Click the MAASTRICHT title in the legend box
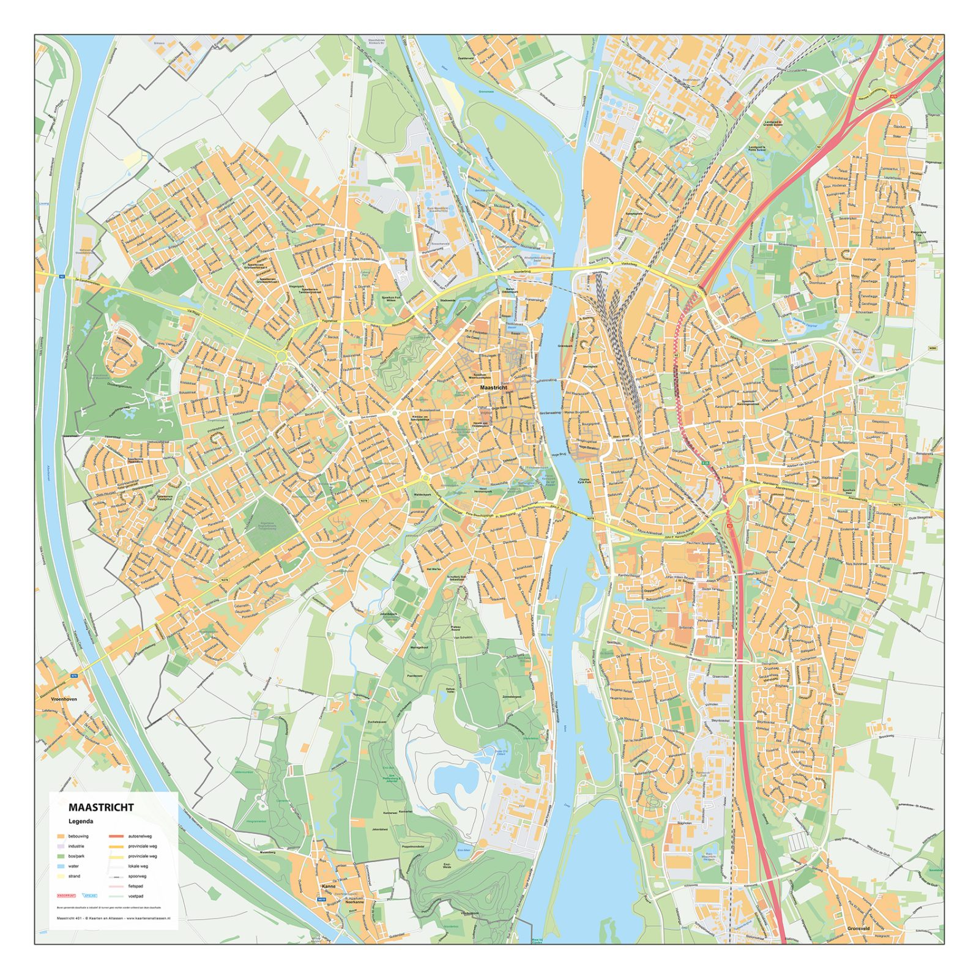coord(100,807)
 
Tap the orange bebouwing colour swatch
coord(61,836)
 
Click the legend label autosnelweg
coord(140,836)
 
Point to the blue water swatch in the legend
coord(61,866)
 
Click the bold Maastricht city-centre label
coord(493,388)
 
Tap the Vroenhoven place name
coord(64,698)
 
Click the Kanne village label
coord(329,885)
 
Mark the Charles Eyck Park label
coord(585,481)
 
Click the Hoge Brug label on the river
coord(559,455)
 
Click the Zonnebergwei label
coord(512,697)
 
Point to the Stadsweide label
coord(447,300)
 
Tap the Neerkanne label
coord(354,902)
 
